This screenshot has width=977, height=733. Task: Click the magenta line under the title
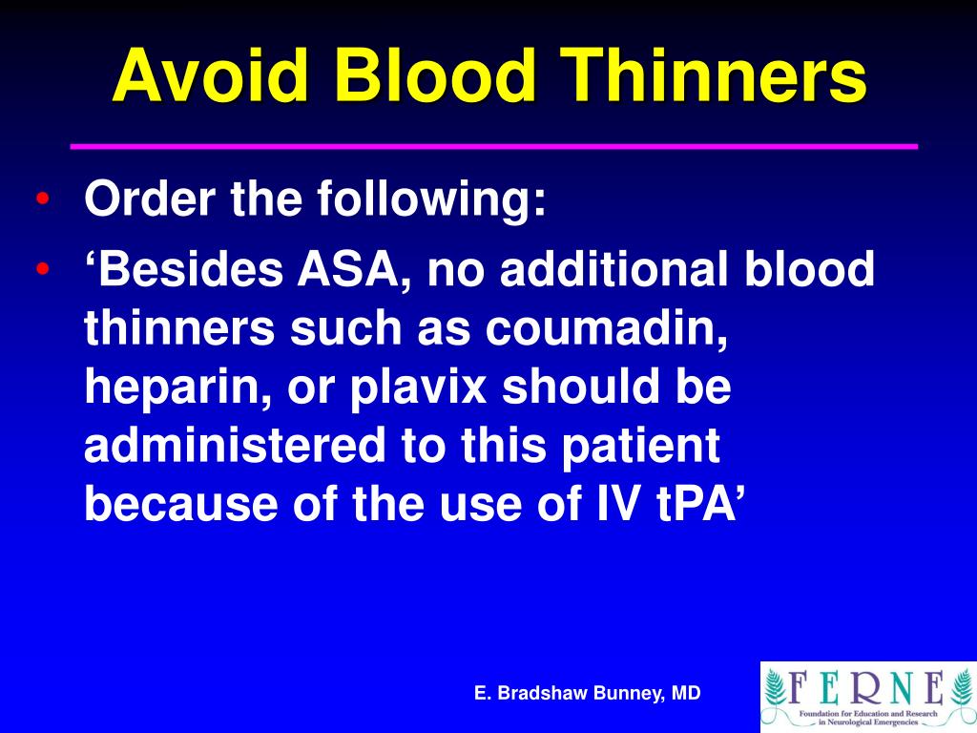(494, 146)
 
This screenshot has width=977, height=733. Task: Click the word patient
(649, 447)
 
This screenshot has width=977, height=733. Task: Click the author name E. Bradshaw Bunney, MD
(588, 694)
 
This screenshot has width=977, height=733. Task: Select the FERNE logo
(867, 696)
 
